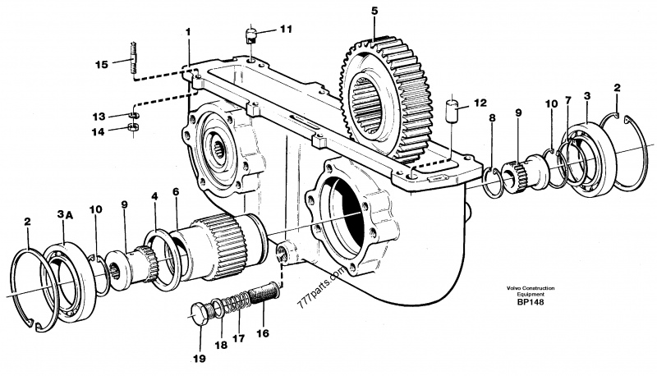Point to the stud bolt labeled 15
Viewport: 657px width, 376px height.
coord(133,57)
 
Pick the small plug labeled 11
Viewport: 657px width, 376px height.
coord(250,34)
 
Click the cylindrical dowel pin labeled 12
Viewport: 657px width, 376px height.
coord(451,111)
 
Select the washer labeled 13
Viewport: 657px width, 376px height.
coord(133,115)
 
